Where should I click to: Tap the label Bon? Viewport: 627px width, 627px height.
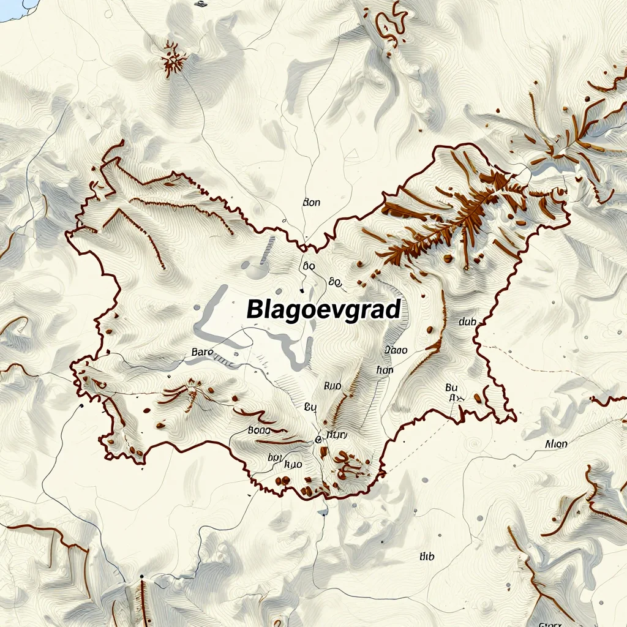tap(312, 203)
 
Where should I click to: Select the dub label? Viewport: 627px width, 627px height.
tap(467, 321)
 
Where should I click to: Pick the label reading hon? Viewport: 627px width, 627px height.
tap(385, 370)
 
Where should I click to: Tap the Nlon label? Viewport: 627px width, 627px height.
tap(555, 445)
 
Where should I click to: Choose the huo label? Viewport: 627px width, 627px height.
tap(294, 464)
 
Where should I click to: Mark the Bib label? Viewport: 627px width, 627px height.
tap(426, 556)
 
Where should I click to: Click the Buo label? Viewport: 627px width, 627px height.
tap(332, 386)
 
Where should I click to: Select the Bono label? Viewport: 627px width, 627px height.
tap(258, 430)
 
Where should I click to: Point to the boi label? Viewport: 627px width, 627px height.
tap(274, 457)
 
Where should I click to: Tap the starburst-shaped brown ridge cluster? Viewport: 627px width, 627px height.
tap(174, 59)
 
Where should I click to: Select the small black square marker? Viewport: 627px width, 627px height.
tap(200, 4)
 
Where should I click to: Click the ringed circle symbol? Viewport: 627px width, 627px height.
tap(318, 439)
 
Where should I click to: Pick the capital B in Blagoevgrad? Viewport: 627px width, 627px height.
tap(255, 309)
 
